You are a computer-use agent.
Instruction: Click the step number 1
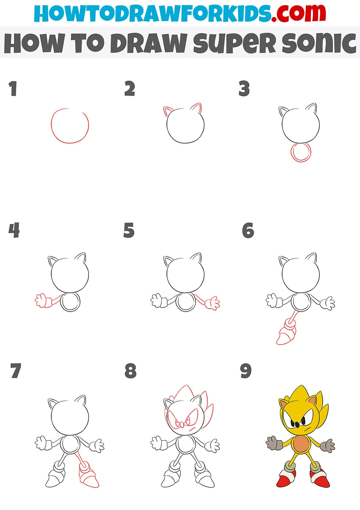[x=13, y=89]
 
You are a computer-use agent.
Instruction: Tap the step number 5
[x=129, y=230]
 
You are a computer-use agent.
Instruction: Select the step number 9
[x=246, y=371]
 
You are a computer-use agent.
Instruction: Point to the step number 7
[x=16, y=371]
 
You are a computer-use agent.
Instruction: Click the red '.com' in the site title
[x=299, y=13]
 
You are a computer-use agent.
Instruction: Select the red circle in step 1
[x=51, y=125]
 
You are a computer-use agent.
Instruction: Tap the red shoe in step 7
[x=89, y=476]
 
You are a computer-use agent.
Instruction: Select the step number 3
[x=244, y=88]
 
